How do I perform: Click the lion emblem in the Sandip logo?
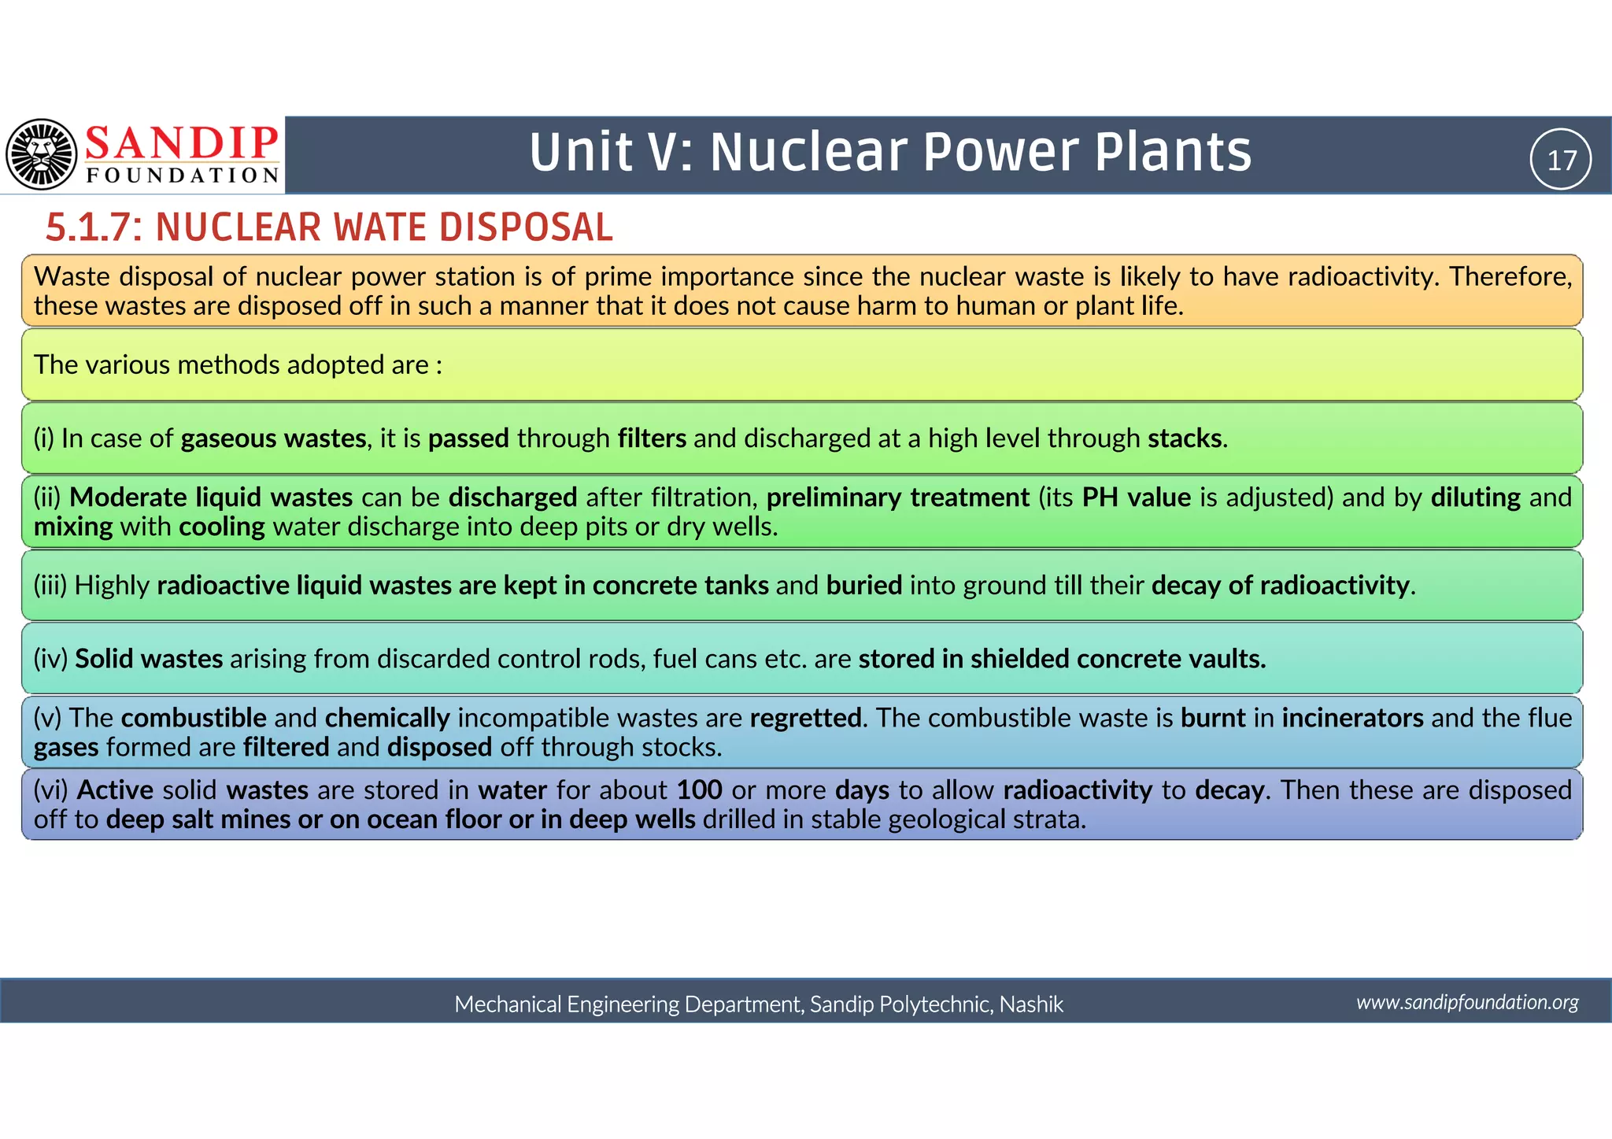click(x=42, y=154)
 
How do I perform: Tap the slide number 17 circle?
click(x=1561, y=160)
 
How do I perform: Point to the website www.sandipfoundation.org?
click(x=1467, y=1002)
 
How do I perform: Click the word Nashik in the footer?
click(x=1031, y=1004)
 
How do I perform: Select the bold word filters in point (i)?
click(x=652, y=438)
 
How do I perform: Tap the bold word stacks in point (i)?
click(x=1185, y=438)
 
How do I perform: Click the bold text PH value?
click(x=1136, y=497)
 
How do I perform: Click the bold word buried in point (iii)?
click(x=864, y=586)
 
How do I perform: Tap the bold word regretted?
click(x=805, y=718)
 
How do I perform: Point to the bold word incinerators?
click(x=1352, y=718)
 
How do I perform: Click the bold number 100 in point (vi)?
click(x=699, y=790)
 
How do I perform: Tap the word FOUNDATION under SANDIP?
click(x=183, y=176)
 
